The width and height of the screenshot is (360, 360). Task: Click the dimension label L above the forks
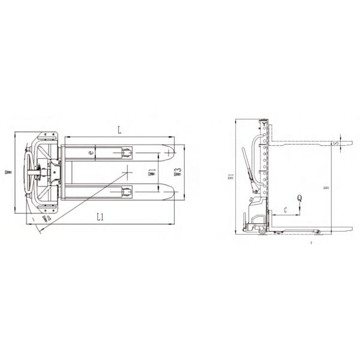(119, 130)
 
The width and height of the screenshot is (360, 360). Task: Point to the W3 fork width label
(178, 175)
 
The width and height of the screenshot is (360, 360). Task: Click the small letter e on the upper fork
(91, 154)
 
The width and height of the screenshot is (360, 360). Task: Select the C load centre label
(285, 209)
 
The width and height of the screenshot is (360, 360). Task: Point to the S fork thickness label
(337, 143)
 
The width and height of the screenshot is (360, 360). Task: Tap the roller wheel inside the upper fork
(127, 154)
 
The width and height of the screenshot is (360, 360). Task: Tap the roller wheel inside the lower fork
(127, 191)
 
